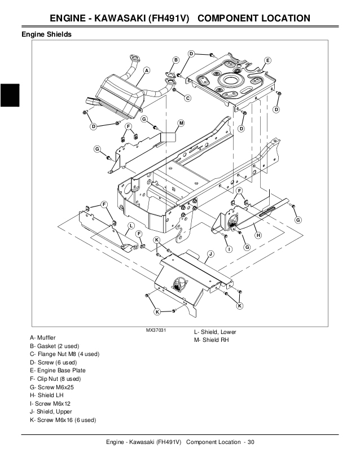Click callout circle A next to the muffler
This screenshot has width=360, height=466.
click(x=147, y=71)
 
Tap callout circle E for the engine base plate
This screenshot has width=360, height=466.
click(x=267, y=60)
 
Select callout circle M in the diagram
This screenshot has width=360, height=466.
click(x=181, y=122)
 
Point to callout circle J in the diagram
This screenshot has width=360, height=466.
click(x=209, y=253)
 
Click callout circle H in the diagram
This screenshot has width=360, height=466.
click(x=257, y=235)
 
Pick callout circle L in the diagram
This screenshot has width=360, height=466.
click(x=131, y=226)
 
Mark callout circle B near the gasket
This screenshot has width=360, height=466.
click(x=175, y=60)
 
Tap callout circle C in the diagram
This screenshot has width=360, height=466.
click(x=187, y=98)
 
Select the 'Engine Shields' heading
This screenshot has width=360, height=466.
click(x=46, y=34)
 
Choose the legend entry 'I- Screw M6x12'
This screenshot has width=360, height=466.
click(x=51, y=404)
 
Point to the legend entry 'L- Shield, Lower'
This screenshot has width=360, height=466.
click(x=215, y=332)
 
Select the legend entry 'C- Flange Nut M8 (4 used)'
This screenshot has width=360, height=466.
click(x=65, y=354)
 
